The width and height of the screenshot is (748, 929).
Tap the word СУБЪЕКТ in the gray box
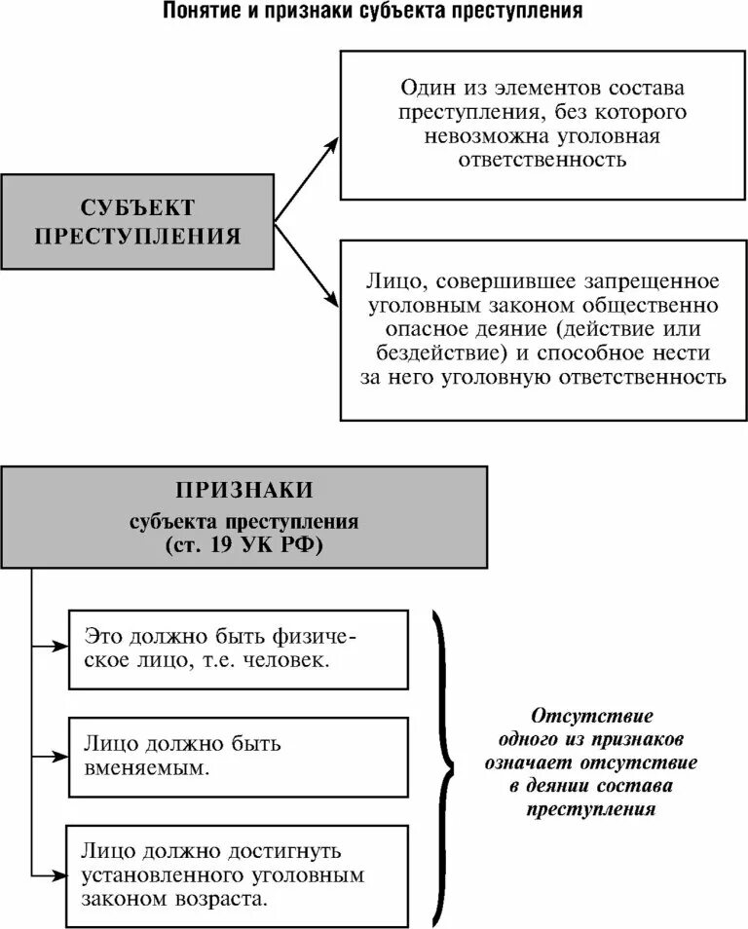point(137,206)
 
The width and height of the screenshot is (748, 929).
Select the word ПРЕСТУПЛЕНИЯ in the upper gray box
point(137,235)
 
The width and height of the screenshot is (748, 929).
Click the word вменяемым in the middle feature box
point(147,768)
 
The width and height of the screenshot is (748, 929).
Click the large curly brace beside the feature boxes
point(444,760)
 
